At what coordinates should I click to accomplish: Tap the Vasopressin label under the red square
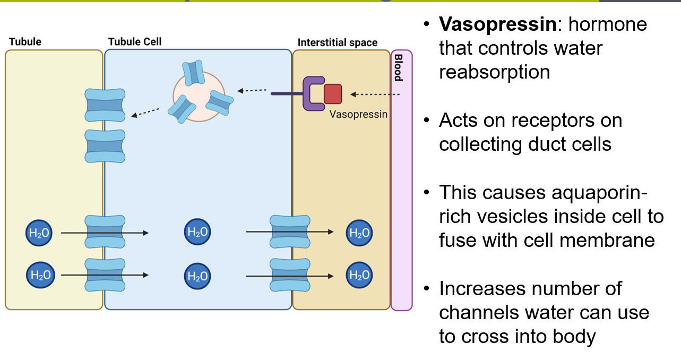358,114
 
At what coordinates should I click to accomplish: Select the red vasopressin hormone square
333,93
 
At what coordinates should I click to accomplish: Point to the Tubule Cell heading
135,41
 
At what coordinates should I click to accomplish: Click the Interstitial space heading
338,42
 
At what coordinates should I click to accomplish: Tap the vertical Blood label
398,67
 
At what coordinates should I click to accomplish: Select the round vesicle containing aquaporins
196,96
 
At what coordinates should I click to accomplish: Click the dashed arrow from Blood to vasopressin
375,95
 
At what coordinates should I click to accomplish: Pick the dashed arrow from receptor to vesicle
252,91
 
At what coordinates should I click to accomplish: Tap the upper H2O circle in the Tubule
39,232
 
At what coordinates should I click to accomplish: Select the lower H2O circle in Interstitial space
359,275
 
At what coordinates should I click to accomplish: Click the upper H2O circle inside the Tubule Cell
197,232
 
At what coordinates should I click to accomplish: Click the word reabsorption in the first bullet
494,72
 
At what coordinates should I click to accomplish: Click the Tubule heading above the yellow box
25,41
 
